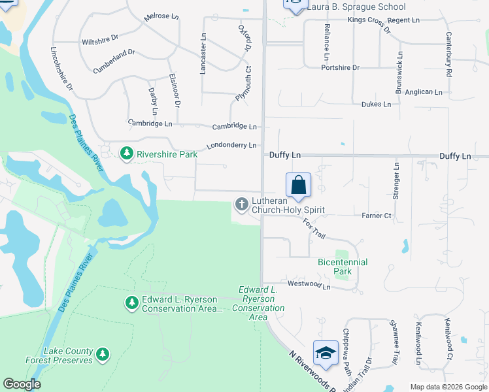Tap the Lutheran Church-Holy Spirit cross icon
coord(241,204)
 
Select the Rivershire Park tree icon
coord(126,154)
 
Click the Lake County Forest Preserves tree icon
coord(102,354)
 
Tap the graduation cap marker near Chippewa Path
coord(325,353)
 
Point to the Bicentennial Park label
coord(343,267)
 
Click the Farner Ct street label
coord(376,216)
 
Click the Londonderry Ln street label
coord(232,146)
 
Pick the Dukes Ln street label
coord(376,104)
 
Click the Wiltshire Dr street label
coord(99,42)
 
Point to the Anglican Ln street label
coord(428,92)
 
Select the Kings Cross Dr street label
coord(369,25)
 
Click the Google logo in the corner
coord(22,384)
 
